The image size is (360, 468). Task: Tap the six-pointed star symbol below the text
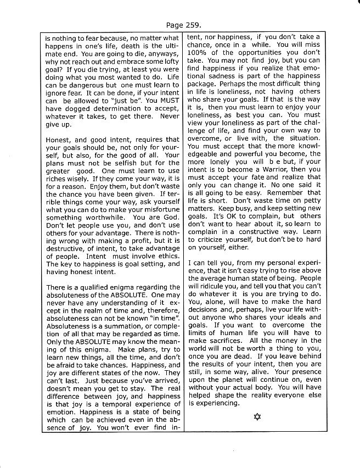[257, 415]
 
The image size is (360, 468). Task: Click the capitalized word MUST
[167, 101]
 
